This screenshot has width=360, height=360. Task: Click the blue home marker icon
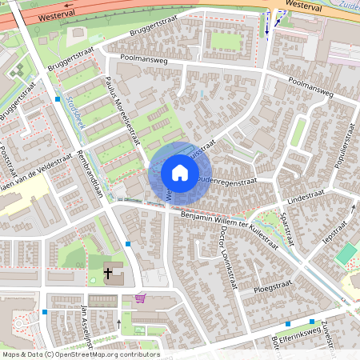[180, 173]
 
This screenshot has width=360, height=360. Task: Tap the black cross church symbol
[109, 273]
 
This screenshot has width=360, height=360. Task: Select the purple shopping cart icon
[141, 298]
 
